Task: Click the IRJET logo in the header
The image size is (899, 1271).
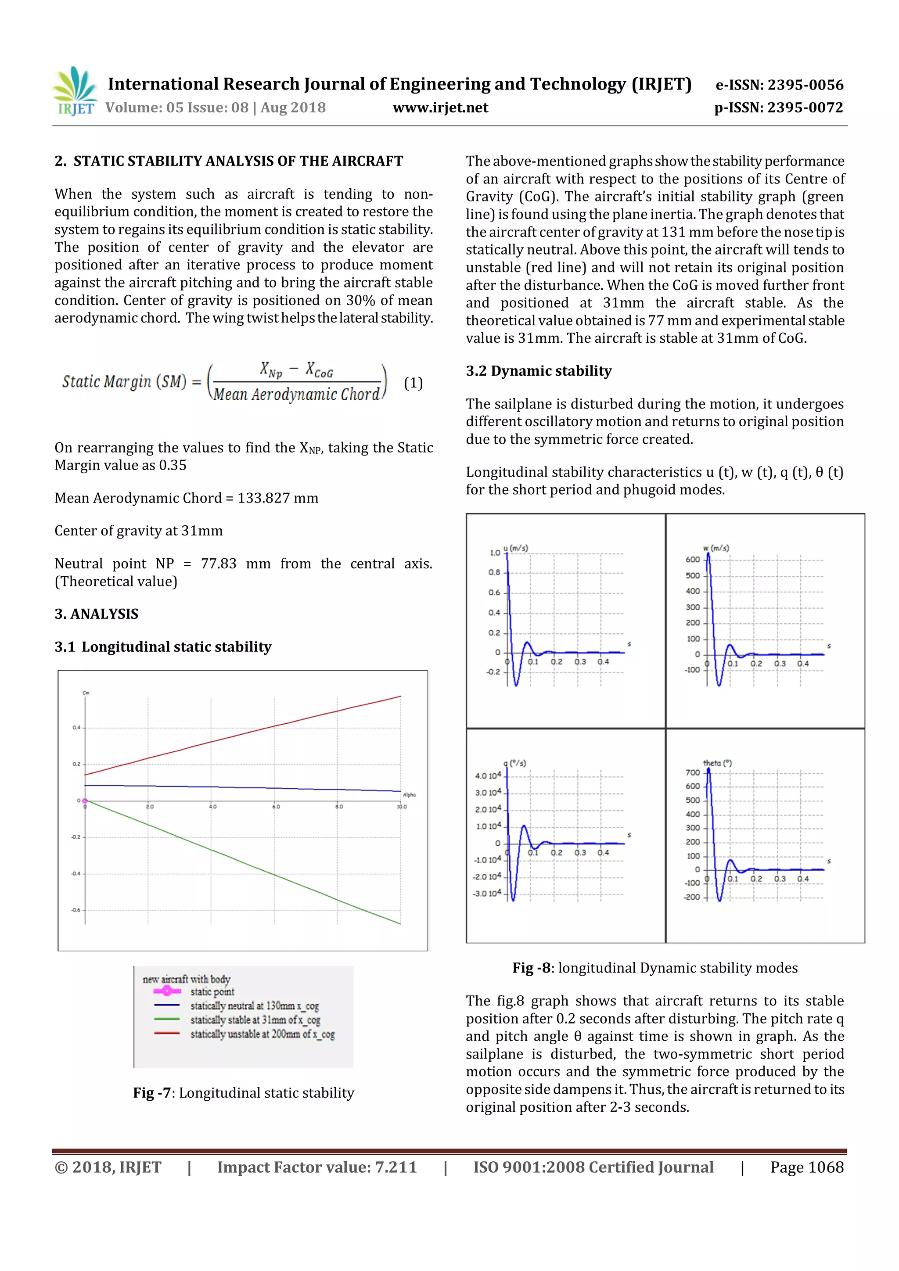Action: click(x=75, y=91)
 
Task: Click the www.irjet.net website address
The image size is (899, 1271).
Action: click(x=440, y=108)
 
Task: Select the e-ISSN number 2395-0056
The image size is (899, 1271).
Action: click(x=806, y=85)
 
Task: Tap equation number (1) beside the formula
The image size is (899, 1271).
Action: click(x=413, y=383)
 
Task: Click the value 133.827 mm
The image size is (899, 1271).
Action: click(x=277, y=498)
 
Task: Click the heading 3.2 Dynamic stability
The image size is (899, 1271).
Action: click(x=538, y=370)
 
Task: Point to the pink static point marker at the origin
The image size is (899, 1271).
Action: click(x=85, y=801)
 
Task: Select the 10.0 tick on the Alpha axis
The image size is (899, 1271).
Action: click(x=401, y=807)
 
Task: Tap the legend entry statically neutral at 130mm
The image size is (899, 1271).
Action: click(x=254, y=1006)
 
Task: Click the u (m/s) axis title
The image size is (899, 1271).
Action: click(x=515, y=548)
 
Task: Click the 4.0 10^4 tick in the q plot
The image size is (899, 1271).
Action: click(x=488, y=776)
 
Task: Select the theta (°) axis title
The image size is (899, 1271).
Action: click(x=717, y=763)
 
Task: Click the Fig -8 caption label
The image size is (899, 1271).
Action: click(x=531, y=968)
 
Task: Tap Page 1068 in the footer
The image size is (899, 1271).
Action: click(x=806, y=1167)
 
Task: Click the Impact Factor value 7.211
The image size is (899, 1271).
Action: click(x=395, y=1167)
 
